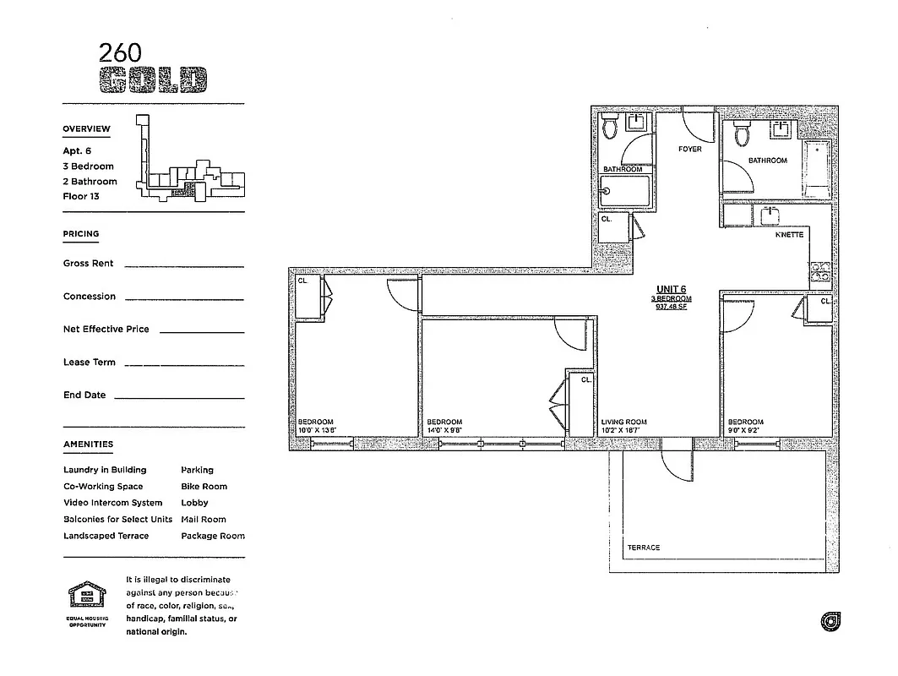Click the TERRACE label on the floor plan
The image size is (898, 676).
point(644,548)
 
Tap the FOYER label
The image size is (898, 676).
point(689,150)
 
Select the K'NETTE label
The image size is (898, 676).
point(789,235)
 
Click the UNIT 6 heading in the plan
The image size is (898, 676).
point(672,289)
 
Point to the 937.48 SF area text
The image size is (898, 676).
point(672,307)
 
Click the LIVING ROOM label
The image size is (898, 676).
point(623,422)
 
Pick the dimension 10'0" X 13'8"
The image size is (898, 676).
point(317,430)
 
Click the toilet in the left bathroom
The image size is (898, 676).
point(610,128)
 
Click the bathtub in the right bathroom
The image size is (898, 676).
point(817,168)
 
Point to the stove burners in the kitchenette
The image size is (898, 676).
point(819,271)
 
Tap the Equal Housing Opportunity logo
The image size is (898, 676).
point(87,596)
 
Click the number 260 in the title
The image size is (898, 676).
point(119,52)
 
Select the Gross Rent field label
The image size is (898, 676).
point(88,264)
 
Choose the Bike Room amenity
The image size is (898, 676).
point(204,487)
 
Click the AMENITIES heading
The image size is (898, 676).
point(88,444)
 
